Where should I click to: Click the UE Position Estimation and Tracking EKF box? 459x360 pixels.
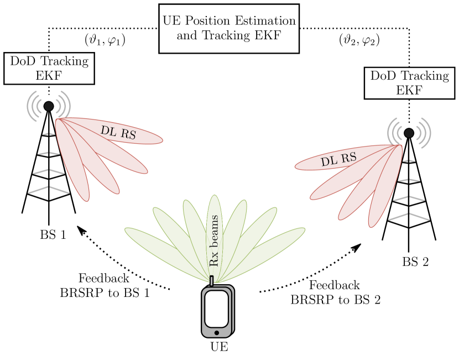229,29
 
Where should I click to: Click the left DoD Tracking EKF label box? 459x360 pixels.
49,69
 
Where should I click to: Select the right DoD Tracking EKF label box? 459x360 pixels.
409,83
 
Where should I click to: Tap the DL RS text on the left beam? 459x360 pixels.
118,132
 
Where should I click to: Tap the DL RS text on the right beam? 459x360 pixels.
338,160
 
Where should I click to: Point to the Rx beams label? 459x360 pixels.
215,241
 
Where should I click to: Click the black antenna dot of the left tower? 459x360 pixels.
49,106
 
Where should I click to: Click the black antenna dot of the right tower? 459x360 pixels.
409,133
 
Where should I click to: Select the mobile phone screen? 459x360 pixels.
216,308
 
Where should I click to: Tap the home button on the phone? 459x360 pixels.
216,332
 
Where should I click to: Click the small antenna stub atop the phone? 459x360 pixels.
211,281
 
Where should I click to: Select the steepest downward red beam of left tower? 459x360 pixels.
75,166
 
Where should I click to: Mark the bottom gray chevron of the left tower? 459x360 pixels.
49,189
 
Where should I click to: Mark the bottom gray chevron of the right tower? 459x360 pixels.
409,216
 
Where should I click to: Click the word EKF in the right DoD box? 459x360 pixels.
409,90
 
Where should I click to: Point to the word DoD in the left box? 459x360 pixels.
23,61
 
